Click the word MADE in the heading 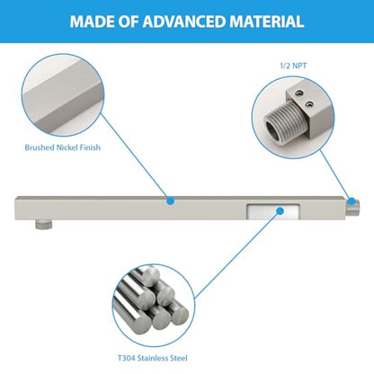click(x=92, y=22)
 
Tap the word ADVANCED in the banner click(x=184, y=22)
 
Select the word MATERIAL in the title click(x=267, y=22)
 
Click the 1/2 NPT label click(x=293, y=66)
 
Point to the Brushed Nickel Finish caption click(x=63, y=147)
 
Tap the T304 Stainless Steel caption click(x=153, y=358)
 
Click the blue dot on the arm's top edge click(x=170, y=200)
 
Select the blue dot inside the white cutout click(x=280, y=211)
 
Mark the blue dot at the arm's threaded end click(x=352, y=201)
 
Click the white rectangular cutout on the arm click(x=273, y=212)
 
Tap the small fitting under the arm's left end click(x=44, y=224)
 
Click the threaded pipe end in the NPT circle click(x=284, y=122)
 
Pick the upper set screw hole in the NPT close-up click(x=298, y=94)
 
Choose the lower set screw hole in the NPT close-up click(x=310, y=104)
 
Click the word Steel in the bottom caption click(x=179, y=358)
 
